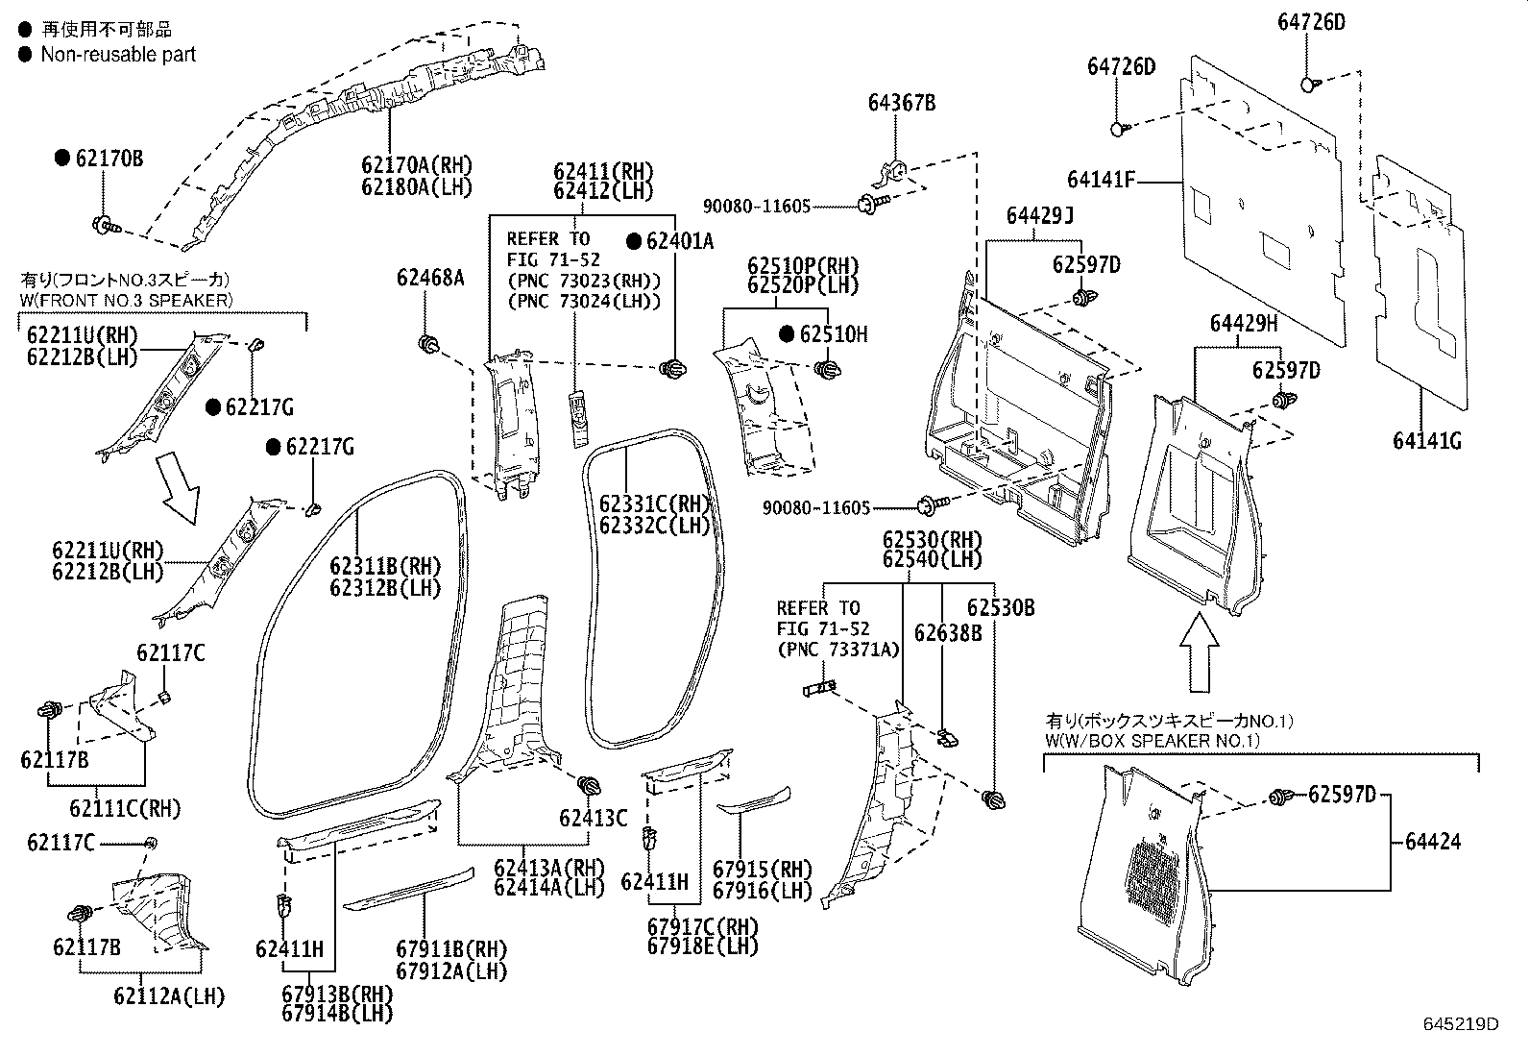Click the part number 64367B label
tap(901, 103)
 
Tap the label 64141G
tap(1426, 441)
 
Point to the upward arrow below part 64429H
tap(1199, 653)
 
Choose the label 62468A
tap(429, 279)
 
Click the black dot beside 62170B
tap(62, 159)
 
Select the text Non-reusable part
tap(118, 55)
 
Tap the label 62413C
tap(593, 818)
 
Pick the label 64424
tap(1432, 842)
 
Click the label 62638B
tap(947, 632)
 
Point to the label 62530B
tap(1000, 608)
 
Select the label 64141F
tap(1101, 180)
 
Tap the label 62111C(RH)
tap(125, 808)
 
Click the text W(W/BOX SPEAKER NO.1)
tap(1152, 741)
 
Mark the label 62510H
tap(833, 334)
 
